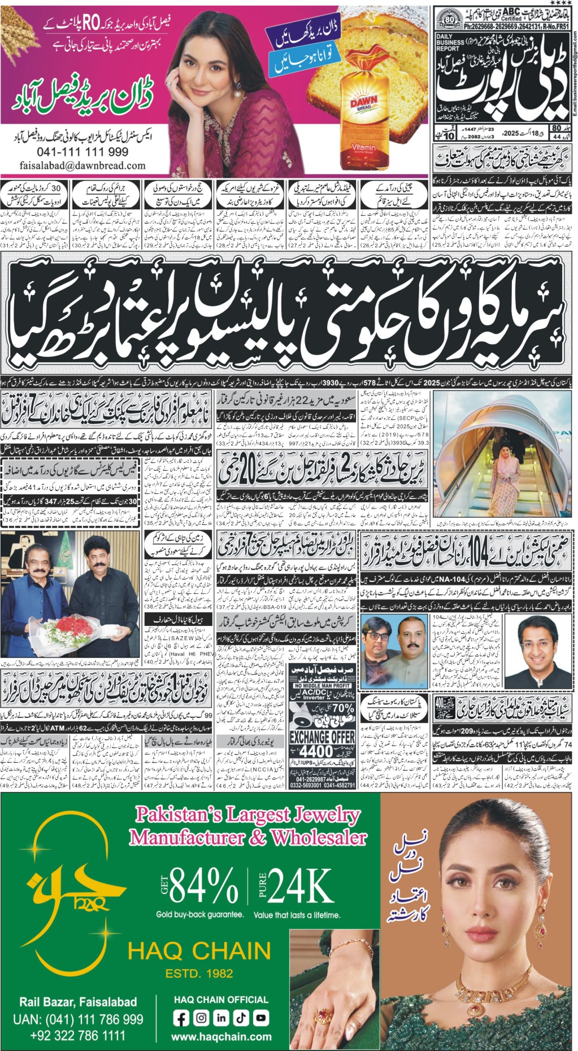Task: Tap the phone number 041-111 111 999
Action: pyautogui.click(x=82, y=152)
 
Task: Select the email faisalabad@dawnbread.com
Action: pyautogui.click(x=82, y=166)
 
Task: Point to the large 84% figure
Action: pyautogui.click(x=203, y=884)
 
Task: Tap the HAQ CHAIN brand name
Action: pyautogui.click(x=199, y=951)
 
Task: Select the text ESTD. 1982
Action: pyautogui.click(x=199, y=973)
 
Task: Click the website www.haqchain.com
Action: pyautogui.click(x=221, y=1037)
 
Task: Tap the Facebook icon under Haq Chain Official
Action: pyautogui.click(x=181, y=1018)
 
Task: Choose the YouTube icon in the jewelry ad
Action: pyautogui.click(x=260, y=1018)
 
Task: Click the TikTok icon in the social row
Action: pyautogui.click(x=241, y=1018)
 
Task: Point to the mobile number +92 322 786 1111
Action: pyautogui.click(x=78, y=1036)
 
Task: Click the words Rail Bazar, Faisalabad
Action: pyautogui.click(x=78, y=1002)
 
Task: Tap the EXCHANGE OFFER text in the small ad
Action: pyautogui.click(x=322, y=737)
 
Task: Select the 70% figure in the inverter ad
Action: pyautogui.click(x=342, y=708)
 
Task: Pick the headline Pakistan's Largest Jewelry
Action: pyautogui.click(x=247, y=814)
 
